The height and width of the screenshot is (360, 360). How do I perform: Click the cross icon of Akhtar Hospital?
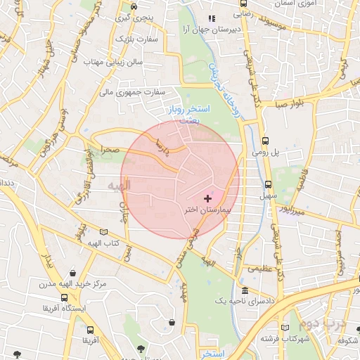coord(206,199)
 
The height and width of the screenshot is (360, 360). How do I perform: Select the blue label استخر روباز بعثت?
coord(185,115)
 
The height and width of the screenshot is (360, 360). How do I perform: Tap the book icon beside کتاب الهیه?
coord(104,232)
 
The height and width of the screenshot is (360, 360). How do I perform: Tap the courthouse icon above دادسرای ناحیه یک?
coord(244,290)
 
